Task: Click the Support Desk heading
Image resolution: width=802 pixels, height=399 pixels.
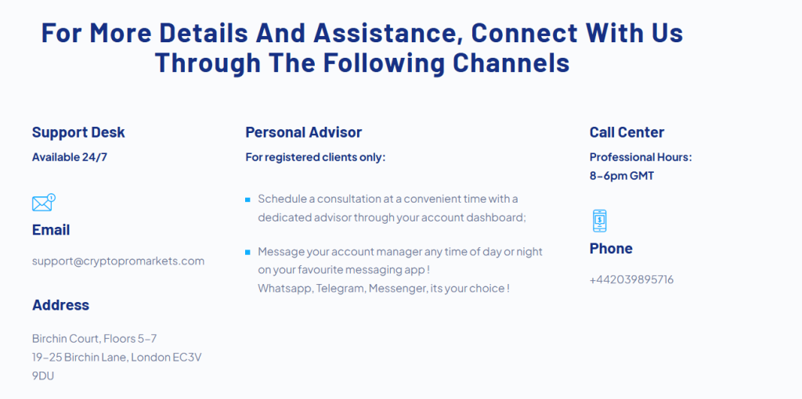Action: [78, 132]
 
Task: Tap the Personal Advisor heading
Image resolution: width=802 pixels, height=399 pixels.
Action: [303, 132]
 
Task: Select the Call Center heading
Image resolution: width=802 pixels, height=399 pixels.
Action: [627, 132]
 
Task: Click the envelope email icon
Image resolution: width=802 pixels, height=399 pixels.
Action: [44, 203]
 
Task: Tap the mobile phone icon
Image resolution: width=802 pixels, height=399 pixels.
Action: [599, 221]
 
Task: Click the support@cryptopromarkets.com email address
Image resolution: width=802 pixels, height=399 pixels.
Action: [118, 261]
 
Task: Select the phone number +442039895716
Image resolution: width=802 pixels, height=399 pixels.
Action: [632, 280]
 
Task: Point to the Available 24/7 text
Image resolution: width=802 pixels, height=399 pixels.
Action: [70, 156]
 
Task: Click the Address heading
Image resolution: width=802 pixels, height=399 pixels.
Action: [60, 305]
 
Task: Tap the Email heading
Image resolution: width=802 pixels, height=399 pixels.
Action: [51, 230]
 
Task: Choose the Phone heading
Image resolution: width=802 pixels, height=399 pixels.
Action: [611, 249]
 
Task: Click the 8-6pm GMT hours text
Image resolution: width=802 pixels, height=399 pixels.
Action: [621, 176]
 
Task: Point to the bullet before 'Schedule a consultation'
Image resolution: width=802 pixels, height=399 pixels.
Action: [248, 199]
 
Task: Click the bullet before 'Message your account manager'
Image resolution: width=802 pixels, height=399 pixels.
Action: [248, 253]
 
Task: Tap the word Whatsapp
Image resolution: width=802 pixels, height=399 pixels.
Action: [284, 289]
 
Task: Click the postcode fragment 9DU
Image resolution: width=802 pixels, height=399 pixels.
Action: [43, 376]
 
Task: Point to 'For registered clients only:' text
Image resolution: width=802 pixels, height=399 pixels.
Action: [315, 157]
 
